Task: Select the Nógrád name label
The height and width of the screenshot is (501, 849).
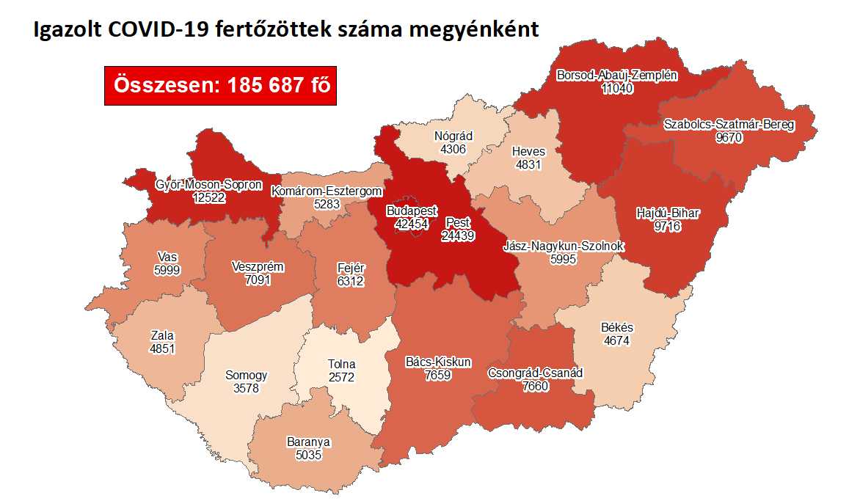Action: tap(453, 136)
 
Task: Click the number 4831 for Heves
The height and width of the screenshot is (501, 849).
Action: tap(528, 164)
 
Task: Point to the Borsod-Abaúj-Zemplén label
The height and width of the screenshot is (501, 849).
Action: tap(616, 75)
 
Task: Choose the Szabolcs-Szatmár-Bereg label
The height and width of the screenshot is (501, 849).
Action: tap(728, 124)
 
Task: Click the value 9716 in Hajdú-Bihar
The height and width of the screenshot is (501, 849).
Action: tap(668, 227)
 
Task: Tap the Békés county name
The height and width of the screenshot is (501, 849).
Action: tap(616, 327)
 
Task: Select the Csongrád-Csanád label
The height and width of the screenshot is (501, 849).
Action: tap(535, 373)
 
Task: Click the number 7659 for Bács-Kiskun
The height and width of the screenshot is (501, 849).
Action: tap(438, 375)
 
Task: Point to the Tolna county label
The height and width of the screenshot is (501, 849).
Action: tap(342, 364)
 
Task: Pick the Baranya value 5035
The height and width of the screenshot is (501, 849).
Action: tap(308, 455)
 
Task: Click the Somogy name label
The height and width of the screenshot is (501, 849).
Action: tap(246, 375)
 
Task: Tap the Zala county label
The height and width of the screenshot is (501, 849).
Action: tap(161, 335)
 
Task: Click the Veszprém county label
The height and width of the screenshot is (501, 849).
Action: tap(257, 267)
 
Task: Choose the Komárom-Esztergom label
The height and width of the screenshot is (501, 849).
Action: tap(327, 191)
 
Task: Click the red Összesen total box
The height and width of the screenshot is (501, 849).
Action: tap(220, 85)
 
